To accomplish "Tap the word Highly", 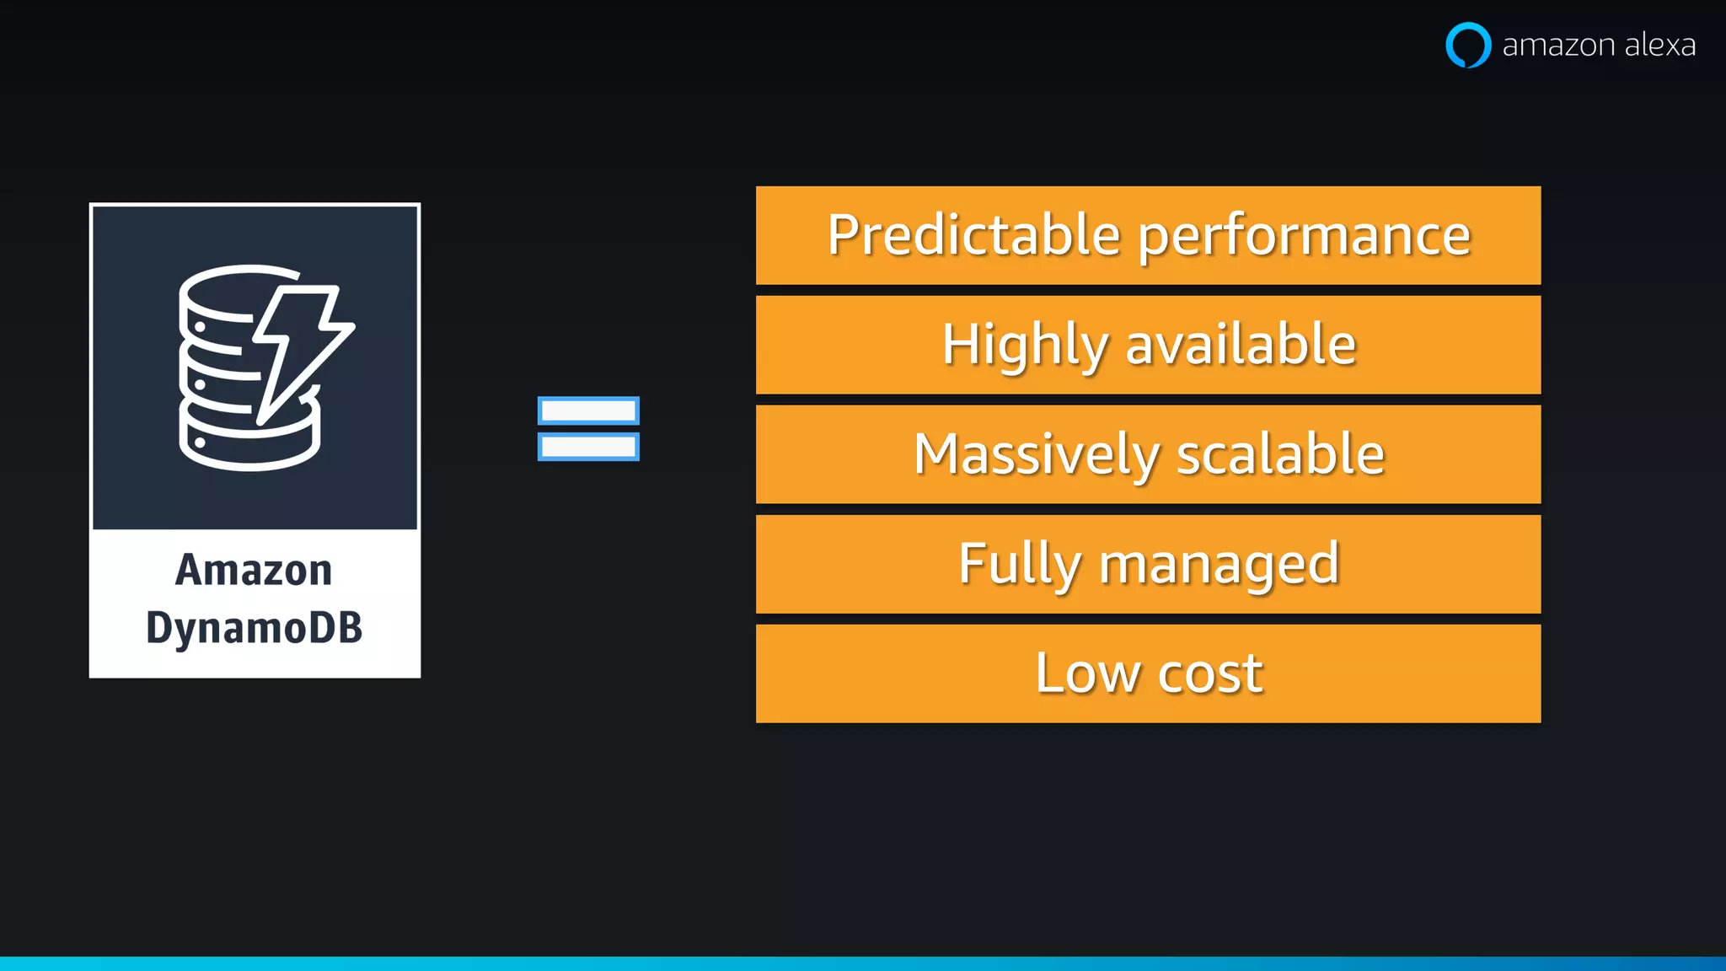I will [1025, 346].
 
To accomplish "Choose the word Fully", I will [1019, 565].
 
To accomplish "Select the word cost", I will [1210, 674].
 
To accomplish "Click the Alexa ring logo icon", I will [1468, 45].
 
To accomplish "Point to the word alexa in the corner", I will [1659, 45].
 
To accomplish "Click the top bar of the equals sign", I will [588, 410].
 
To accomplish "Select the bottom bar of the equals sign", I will [588, 447].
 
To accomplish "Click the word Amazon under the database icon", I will [254, 570].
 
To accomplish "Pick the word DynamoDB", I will [254, 628].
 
